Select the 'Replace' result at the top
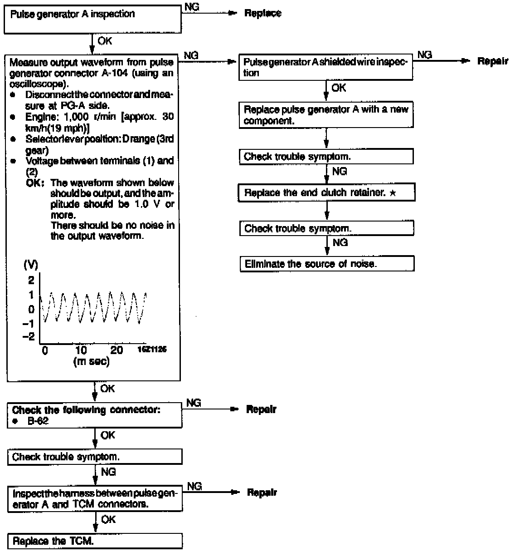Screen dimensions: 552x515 point(262,13)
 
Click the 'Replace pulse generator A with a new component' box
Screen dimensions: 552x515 point(326,115)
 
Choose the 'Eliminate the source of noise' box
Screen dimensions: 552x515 point(326,264)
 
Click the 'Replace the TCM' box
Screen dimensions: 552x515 point(95,541)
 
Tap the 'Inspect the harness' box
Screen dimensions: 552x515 point(95,499)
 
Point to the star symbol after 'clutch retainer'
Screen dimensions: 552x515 point(393,193)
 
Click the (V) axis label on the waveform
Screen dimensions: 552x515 point(31,265)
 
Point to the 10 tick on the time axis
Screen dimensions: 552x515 point(81,350)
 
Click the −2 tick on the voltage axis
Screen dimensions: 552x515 point(29,336)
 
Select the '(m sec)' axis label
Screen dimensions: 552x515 point(91,362)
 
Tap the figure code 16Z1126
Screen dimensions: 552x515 point(152,350)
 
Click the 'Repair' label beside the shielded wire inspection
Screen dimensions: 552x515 point(492,61)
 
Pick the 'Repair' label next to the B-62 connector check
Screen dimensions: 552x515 point(261,409)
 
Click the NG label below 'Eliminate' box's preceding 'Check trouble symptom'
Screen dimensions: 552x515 point(340,242)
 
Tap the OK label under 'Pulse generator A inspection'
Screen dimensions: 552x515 point(105,40)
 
